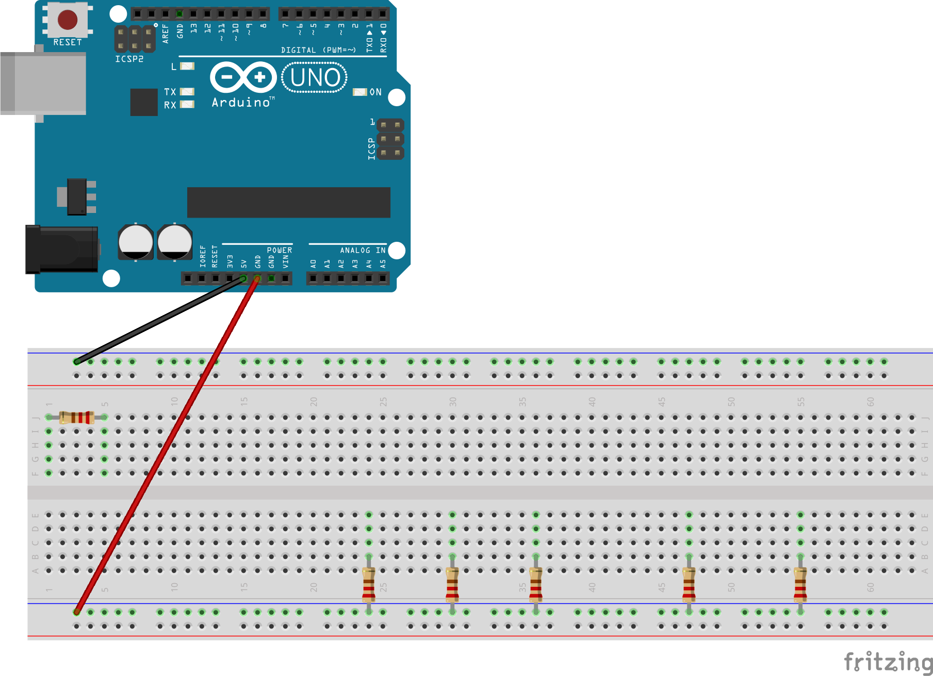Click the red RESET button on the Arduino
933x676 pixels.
tap(68, 20)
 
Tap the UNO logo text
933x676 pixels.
tap(315, 78)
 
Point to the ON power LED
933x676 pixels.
tap(359, 92)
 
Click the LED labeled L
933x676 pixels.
tap(187, 66)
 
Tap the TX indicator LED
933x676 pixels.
tap(187, 92)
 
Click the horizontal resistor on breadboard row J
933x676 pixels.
tap(76, 417)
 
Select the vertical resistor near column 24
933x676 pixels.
tap(369, 585)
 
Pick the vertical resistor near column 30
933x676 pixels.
tap(452, 585)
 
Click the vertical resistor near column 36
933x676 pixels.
tap(536, 585)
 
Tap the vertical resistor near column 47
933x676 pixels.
tap(689, 585)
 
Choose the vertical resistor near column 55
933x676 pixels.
tap(800, 585)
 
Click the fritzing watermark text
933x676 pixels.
tap(887, 662)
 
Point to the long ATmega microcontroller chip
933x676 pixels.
tap(288, 202)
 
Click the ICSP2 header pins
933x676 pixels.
tap(135, 39)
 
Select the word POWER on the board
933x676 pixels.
tap(279, 250)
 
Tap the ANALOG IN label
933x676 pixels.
tap(363, 250)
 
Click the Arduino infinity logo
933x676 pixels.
tap(243, 77)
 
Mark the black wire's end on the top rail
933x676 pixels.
tap(77, 361)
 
